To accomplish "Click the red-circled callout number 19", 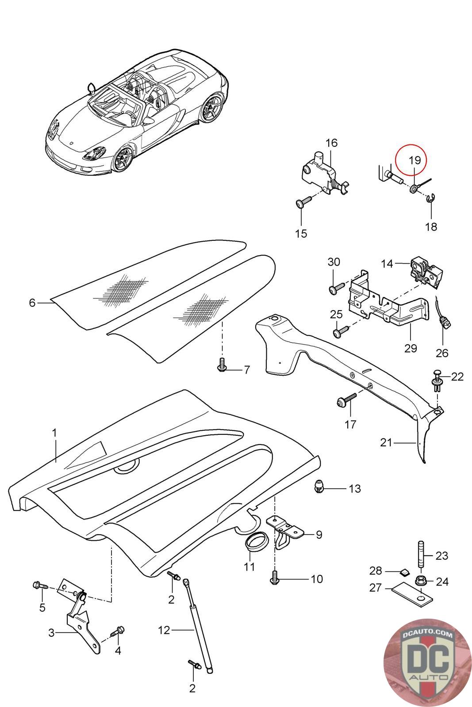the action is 415,160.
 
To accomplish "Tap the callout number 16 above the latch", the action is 331,143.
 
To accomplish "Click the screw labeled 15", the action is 303,201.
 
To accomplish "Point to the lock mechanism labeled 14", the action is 426,273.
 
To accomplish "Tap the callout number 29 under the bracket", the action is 411,348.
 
